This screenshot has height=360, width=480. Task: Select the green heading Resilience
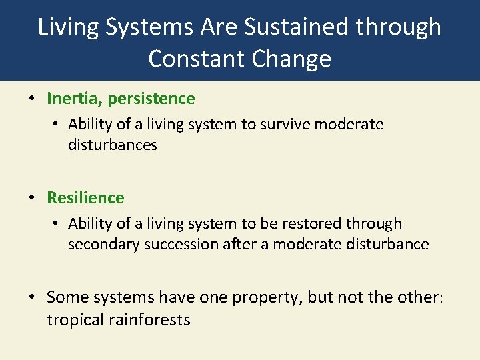tap(85, 198)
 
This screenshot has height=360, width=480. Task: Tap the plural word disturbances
tap(112, 145)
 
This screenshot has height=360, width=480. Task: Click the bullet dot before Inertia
tap(32, 99)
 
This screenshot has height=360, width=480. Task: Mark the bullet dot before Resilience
tap(32, 199)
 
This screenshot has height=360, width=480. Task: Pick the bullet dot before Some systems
tap(32, 297)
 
